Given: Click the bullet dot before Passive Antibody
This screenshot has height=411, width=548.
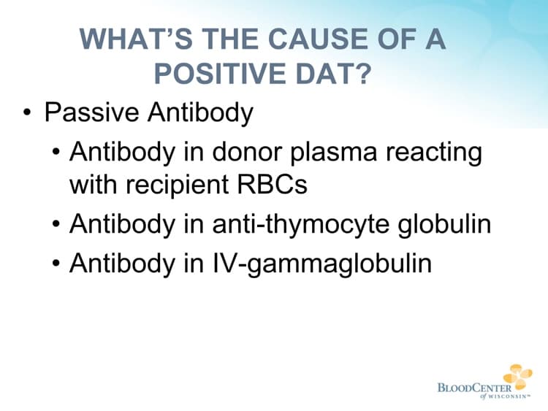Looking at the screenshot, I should click(x=27, y=115).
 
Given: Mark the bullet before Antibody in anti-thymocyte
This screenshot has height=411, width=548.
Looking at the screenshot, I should click(x=57, y=225).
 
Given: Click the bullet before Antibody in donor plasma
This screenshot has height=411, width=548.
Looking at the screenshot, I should click(x=57, y=153).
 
